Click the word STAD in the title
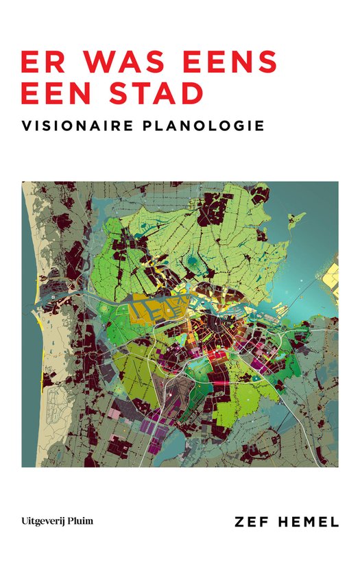tap(152, 93)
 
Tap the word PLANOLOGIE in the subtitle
tap(205, 127)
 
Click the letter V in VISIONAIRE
tap(27, 127)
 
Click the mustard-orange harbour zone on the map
tap(148, 307)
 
